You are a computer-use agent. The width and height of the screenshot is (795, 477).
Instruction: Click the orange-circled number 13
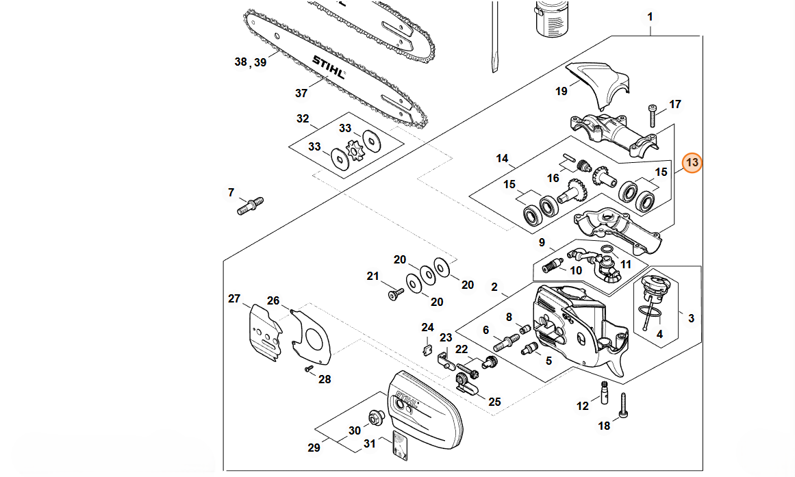tap(692, 163)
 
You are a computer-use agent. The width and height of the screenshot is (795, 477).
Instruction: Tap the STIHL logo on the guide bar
tap(329, 68)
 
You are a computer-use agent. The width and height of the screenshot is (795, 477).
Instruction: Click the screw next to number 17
tap(653, 116)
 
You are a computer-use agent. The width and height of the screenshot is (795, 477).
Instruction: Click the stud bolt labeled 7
tap(251, 205)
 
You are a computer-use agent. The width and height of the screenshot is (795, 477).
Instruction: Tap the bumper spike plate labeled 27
tap(265, 332)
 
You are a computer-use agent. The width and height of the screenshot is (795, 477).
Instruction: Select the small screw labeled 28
tap(307, 369)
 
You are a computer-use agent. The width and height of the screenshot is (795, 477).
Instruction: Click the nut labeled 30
tap(377, 415)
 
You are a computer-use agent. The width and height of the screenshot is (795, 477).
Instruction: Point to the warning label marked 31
tap(401, 446)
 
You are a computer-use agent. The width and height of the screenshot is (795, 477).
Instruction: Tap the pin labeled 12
tap(604, 392)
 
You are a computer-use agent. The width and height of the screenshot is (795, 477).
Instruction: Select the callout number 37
tap(301, 93)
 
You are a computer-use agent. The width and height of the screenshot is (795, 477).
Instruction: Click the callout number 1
tap(650, 16)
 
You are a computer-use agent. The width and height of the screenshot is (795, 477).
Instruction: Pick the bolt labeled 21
tap(396, 294)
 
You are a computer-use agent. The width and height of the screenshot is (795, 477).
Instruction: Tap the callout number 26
tap(273, 300)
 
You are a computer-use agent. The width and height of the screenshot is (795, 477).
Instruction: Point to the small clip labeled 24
tap(427, 349)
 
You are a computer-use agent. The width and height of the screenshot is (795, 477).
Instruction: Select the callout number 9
tap(542, 243)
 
